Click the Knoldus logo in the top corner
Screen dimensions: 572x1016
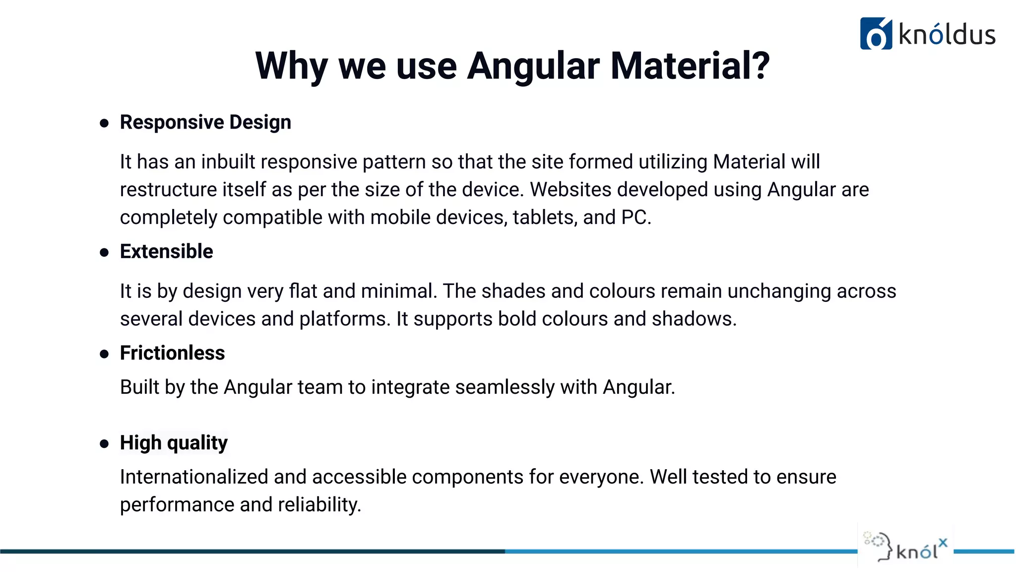tap(927, 34)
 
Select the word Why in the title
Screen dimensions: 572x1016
tap(291, 66)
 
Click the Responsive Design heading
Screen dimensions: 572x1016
tap(205, 122)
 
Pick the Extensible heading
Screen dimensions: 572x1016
tap(166, 252)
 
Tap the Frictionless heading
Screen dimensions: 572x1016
tap(172, 353)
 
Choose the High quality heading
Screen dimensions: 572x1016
tap(174, 442)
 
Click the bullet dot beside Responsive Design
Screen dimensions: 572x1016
tap(104, 123)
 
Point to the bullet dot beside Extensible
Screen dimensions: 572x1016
tap(104, 253)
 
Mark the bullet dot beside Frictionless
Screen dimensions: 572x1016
tap(104, 354)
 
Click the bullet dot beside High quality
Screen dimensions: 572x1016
tap(104, 443)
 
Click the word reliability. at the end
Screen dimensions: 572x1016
tap(319, 504)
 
